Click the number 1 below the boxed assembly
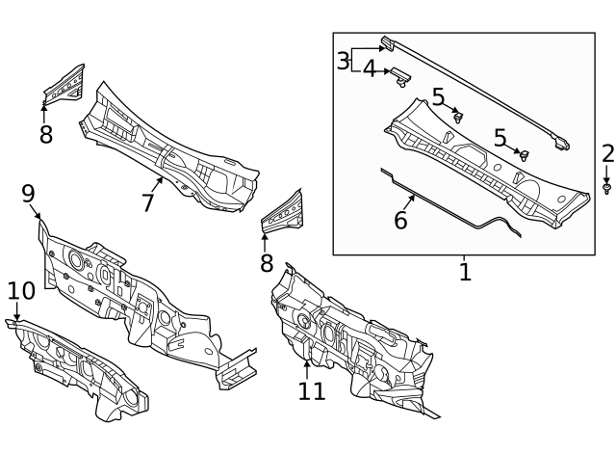[x=465, y=272]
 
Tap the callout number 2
[x=607, y=153]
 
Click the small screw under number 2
[x=607, y=189]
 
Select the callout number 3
[x=344, y=62]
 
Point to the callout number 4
[x=370, y=69]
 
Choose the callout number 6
[x=400, y=220]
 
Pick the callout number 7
[x=148, y=202]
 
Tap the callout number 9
[x=29, y=195]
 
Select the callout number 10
[x=21, y=291]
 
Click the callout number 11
[x=312, y=390]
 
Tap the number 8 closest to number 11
[x=267, y=263]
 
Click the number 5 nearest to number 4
[x=438, y=96]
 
